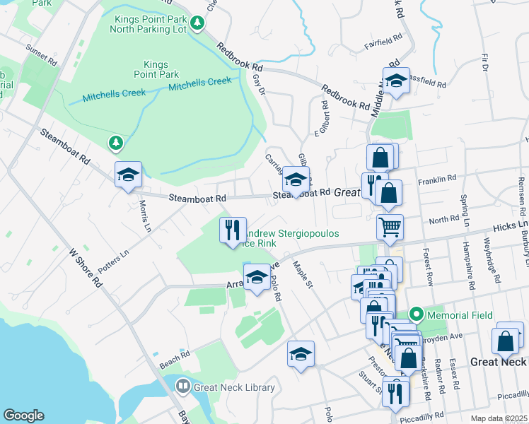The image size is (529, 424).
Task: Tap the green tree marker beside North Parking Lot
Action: pos(199,23)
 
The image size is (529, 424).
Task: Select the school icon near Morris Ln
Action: pos(128,175)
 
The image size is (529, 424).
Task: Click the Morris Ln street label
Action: pos(145,215)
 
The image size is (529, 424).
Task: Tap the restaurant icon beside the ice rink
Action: pos(233,230)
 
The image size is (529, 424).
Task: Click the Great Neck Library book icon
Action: pos(182,386)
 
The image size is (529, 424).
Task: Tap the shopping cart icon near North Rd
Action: pos(390,228)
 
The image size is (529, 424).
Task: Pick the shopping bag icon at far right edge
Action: pos(508,340)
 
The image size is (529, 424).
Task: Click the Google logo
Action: pos(23,416)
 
